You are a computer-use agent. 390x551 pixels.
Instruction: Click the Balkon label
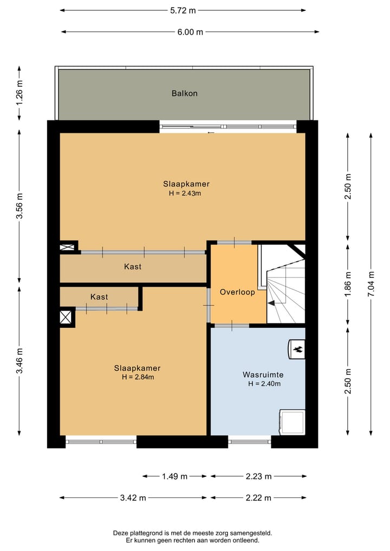point(185,93)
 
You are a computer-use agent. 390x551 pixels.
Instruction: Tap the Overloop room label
point(237,291)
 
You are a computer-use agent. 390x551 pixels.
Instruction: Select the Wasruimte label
point(263,374)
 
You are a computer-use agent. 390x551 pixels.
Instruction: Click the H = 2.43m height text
point(185,193)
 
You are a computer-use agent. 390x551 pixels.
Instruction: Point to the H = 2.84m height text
point(138,377)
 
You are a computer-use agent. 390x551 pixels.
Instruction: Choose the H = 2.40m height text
point(264,384)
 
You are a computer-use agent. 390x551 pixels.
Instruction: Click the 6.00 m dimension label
point(190,32)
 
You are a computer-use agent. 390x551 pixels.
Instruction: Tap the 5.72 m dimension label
point(183,10)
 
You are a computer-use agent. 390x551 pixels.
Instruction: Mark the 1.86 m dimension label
point(348,284)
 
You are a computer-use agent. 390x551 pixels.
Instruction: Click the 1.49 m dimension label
point(174,476)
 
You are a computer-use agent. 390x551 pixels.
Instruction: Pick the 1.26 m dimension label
point(20,93)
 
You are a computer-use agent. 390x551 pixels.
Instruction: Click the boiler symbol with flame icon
point(296,349)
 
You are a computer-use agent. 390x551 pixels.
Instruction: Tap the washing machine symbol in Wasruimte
point(291,422)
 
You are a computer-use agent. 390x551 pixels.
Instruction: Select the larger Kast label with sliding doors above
point(133,267)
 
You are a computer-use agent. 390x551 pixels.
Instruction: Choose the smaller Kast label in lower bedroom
point(99,297)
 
